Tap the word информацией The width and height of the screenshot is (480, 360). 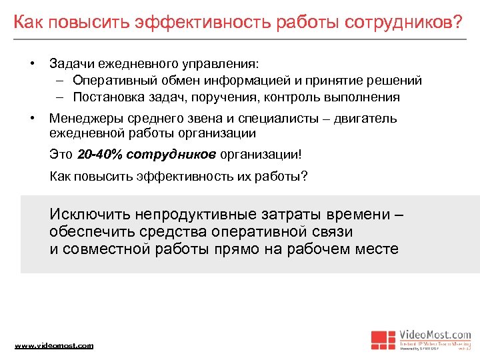[247, 81]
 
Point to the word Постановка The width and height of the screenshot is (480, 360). [107, 97]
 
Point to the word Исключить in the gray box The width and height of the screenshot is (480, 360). [89, 215]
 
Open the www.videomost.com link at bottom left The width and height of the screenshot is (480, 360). [54, 345]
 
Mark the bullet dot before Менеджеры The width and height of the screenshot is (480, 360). [31, 119]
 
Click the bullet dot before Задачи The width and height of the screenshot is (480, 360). [31, 64]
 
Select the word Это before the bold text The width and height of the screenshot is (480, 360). [61, 155]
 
